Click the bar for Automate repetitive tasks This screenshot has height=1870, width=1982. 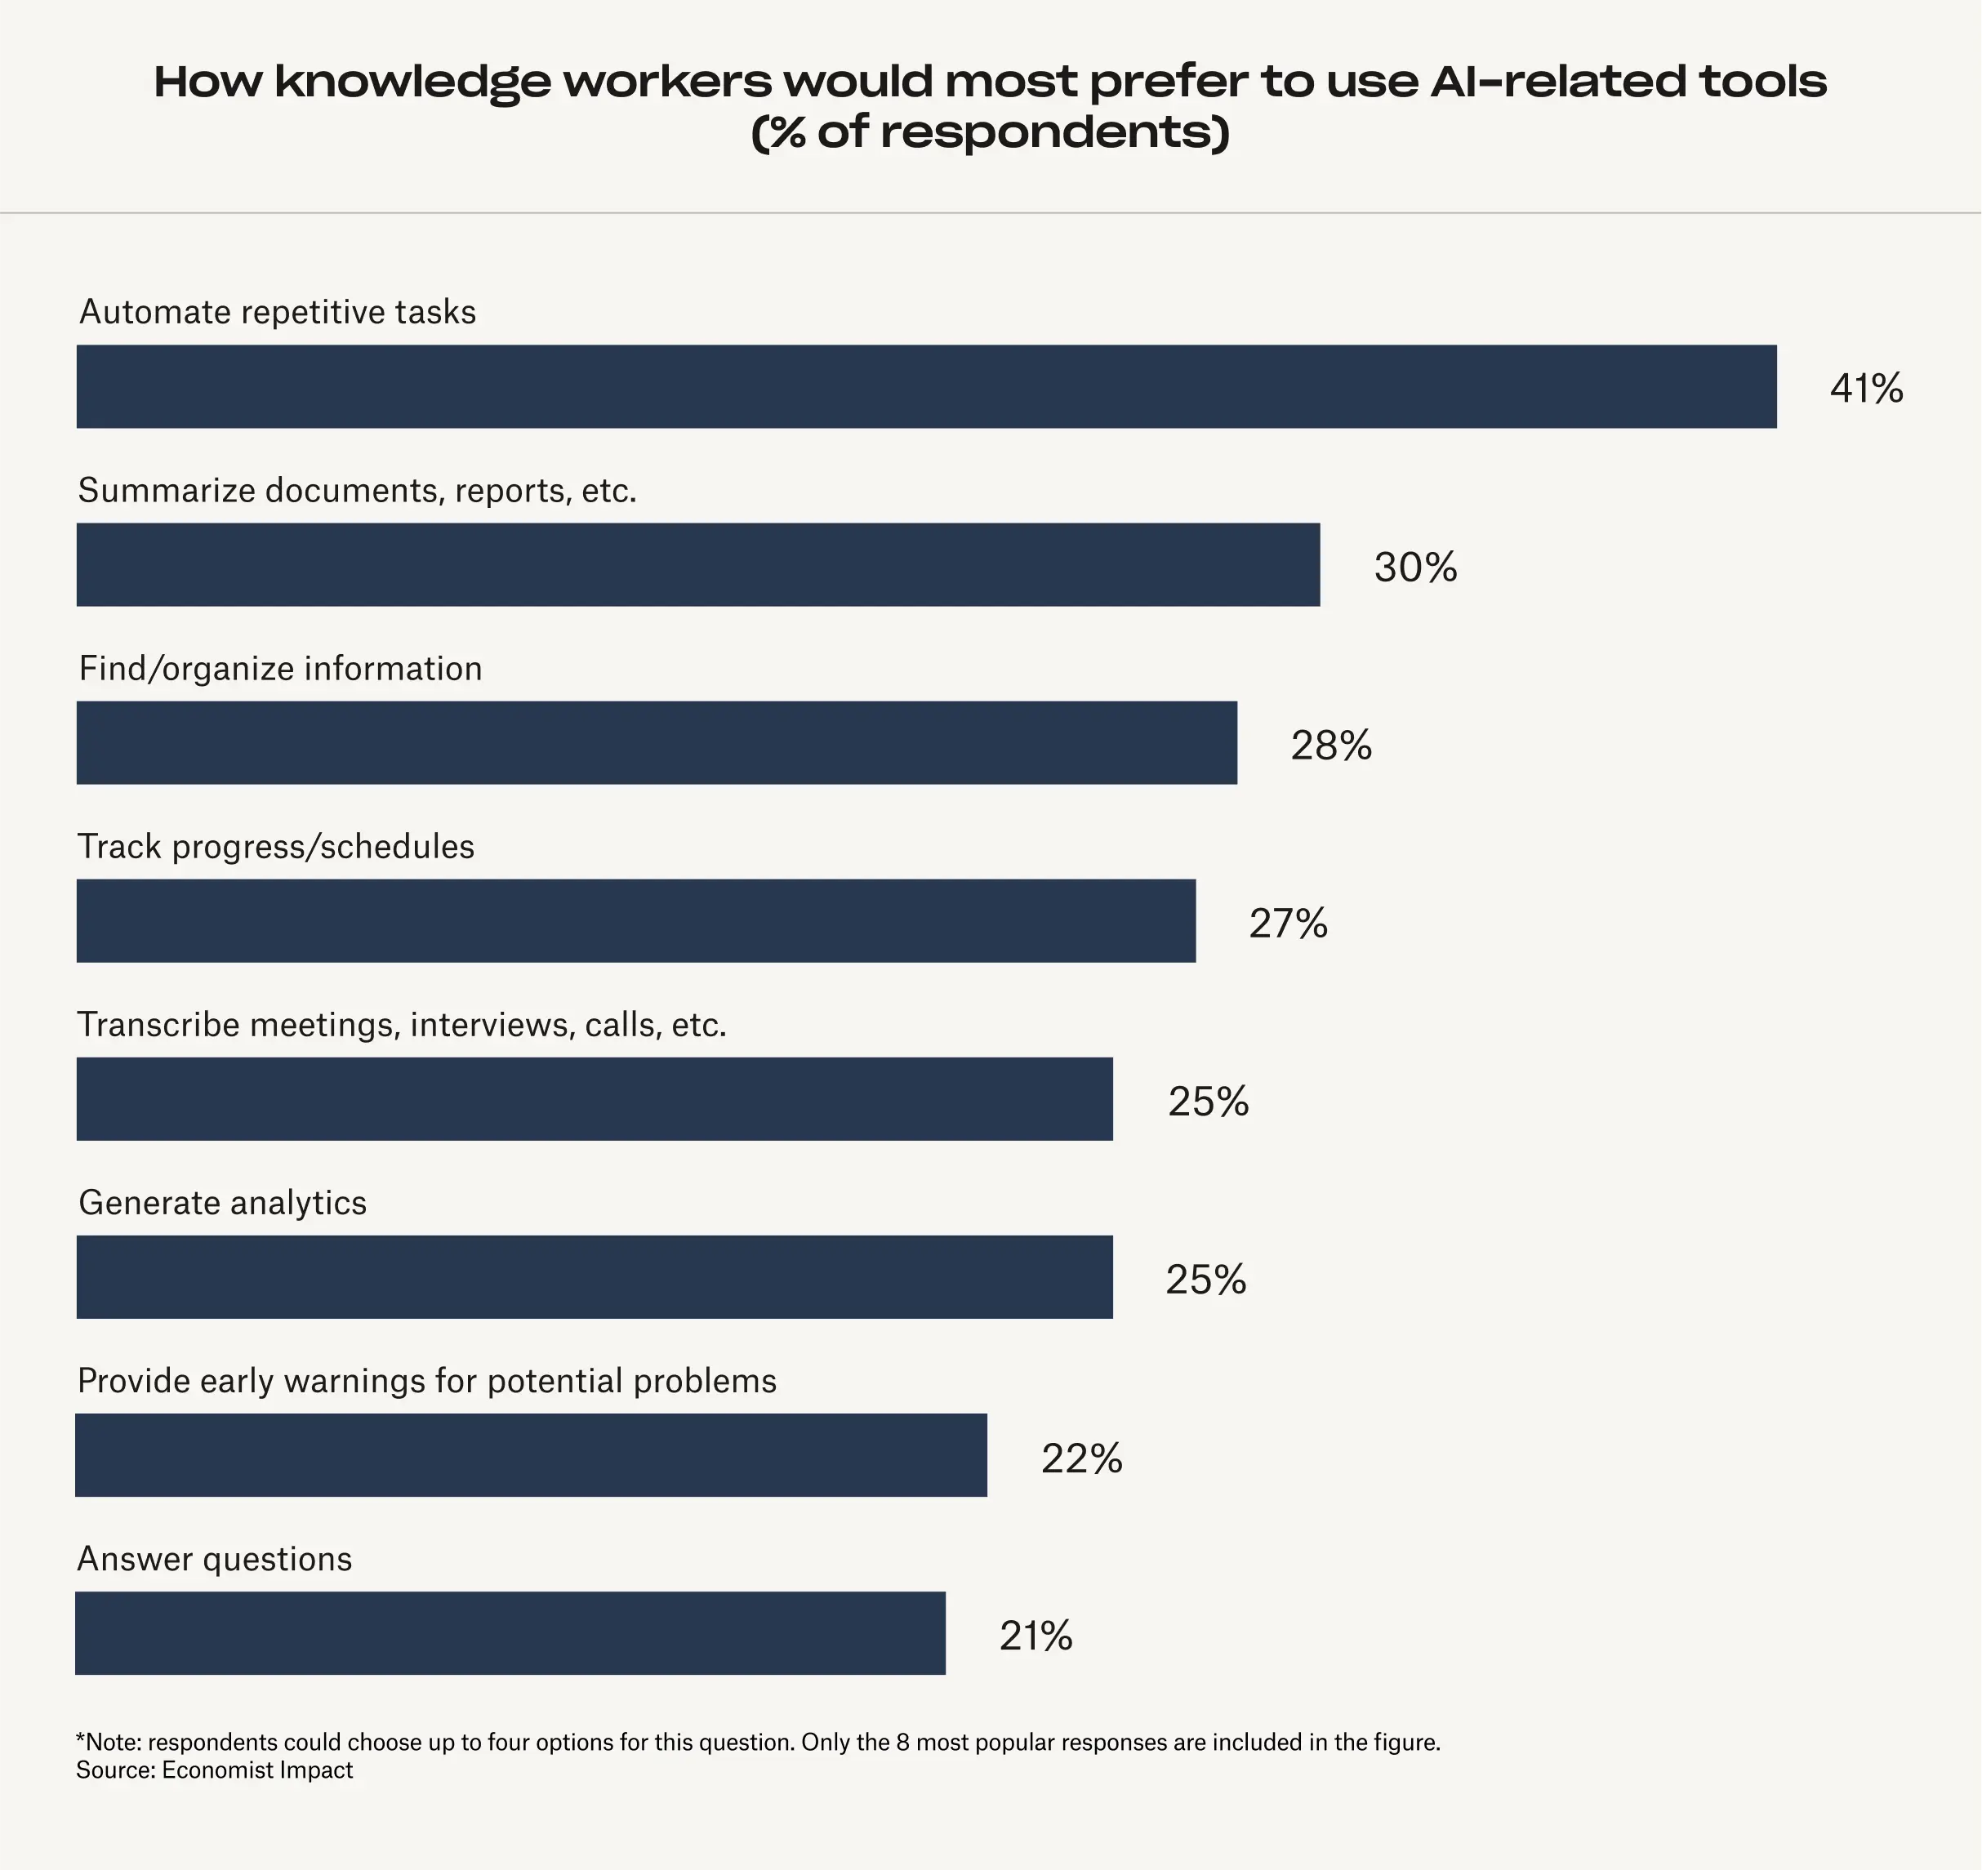pos(926,387)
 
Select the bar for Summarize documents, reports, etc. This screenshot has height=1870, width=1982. pos(698,564)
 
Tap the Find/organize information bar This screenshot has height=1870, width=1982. pos(657,742)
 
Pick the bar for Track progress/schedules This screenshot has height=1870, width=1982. pos(636,920)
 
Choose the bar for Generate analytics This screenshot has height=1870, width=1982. pos(595,1277)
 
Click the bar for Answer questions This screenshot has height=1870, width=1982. pos(510,1632)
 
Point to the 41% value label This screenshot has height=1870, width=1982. pos(1866,388)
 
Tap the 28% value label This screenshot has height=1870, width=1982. pos(1331,745)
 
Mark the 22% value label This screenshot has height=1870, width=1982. pos(1082,1458)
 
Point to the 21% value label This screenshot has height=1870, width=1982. pos(1036,1636)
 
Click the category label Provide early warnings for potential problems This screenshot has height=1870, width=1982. pos(427,1381)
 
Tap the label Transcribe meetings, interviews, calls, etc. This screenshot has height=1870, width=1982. pos(402,1025)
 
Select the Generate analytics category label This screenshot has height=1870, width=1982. pos(222,1202)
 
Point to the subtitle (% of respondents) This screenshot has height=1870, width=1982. pos(990,131)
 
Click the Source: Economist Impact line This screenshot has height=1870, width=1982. pos(214,1770)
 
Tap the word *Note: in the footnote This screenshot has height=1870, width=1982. pos(109,1742)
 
